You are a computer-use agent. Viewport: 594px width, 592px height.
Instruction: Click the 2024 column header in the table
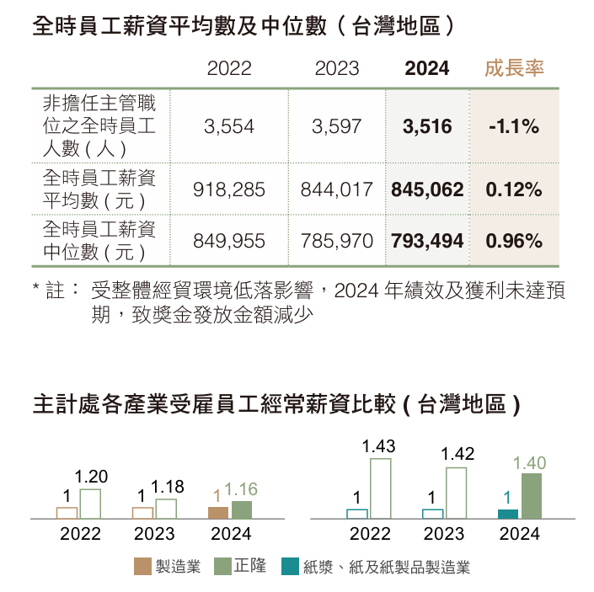click(427, 69)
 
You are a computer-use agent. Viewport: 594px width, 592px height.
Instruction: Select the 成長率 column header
click(514, 69)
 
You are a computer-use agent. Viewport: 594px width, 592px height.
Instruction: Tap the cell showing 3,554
click(229, 127)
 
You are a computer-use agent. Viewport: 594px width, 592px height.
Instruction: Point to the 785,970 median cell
click(336, 242)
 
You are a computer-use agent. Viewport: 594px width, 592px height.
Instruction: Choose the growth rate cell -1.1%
click(514, 127)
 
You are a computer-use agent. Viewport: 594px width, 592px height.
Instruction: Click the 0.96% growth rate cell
click(514, 242)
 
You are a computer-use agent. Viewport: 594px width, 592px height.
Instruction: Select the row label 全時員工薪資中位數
click(99, 240)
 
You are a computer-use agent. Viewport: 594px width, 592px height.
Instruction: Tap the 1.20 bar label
click(91, 477)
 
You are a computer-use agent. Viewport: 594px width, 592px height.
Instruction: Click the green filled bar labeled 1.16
click(242, 509)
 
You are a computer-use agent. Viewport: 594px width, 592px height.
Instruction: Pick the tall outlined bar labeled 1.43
click(381, 488)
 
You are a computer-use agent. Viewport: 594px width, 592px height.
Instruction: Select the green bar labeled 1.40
click(531, 496)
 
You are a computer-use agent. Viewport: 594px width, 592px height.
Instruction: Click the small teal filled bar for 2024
click(508, 514)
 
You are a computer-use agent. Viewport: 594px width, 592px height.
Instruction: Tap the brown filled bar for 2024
click(218, 512)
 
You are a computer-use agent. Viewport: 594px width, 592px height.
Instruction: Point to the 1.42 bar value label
click(458, 455)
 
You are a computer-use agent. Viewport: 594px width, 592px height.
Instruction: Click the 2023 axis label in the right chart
click(444, 534)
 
